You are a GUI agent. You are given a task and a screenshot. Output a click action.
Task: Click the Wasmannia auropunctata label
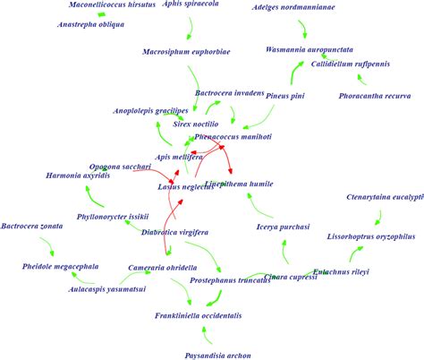point(310,49)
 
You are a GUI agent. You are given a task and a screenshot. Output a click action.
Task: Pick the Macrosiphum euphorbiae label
point(186,52)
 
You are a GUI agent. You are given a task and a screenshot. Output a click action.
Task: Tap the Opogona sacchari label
point(120,167)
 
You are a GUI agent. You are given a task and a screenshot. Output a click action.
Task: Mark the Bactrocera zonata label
point(33,227)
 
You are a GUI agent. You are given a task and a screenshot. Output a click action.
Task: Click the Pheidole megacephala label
point(60,266)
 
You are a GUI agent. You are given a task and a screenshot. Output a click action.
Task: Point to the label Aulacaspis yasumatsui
point(106,289)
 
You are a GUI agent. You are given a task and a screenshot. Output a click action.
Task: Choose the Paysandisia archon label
point(210,355)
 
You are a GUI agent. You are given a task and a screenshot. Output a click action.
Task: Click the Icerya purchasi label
point(283,227)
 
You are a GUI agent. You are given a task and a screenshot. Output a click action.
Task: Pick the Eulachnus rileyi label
point(341,271)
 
